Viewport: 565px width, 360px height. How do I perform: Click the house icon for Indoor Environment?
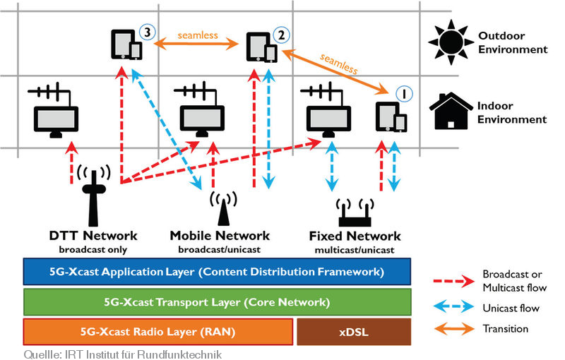pyautogui.click(x=448, y=111)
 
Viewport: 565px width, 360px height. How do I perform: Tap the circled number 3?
pyautogui.click(x=146, y=32)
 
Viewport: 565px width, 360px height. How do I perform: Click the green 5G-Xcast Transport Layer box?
pyautogui.click(x=216, y=302)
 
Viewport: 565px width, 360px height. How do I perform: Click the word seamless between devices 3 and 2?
pyautogui.click(x=198, y=35)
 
